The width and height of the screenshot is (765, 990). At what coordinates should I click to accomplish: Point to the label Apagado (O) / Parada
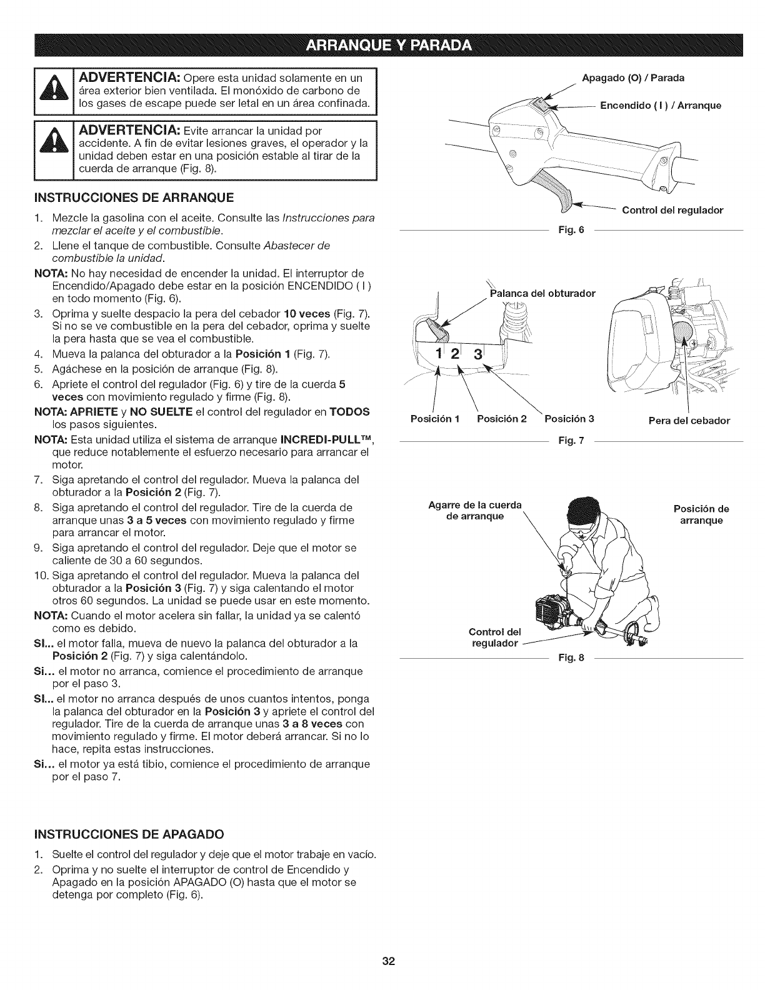(x=632, y=78)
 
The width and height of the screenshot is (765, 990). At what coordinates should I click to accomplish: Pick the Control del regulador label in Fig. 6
(x=672, y=210)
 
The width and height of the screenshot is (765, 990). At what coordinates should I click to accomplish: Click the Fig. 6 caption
(x=572, y=230)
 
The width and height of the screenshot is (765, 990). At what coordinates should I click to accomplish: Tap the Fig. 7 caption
(x=572, y=441)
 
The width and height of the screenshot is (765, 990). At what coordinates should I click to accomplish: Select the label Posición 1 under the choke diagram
(x=435, y=419)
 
